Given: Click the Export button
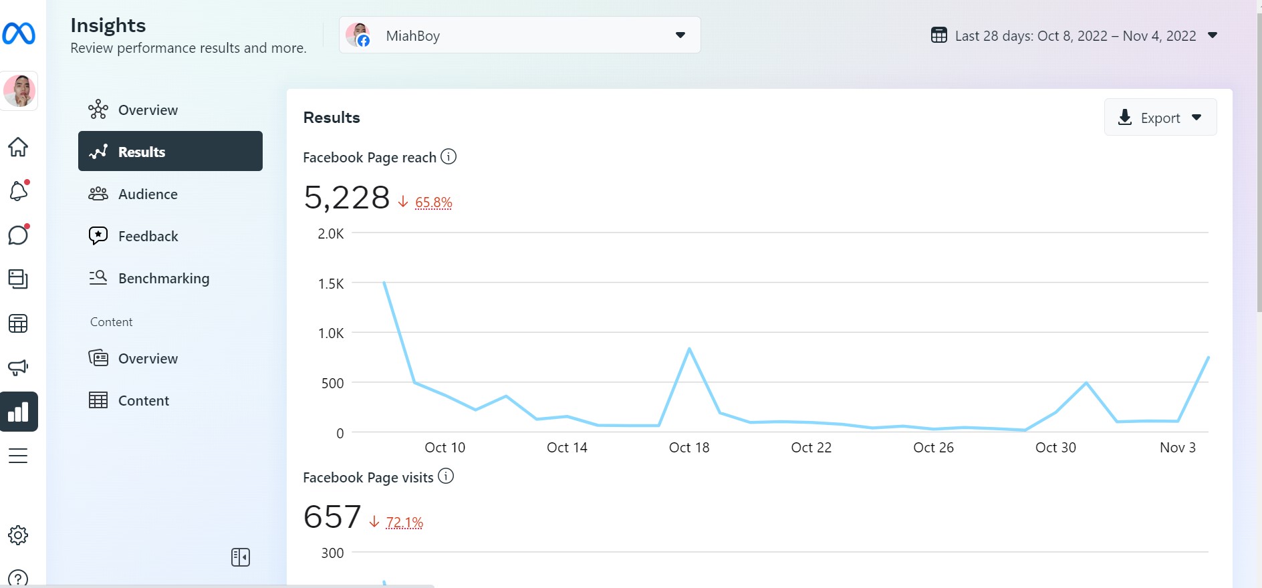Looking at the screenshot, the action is (1160, 118).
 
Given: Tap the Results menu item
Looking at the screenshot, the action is (170, 151).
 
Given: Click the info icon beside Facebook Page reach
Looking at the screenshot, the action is (449, 156).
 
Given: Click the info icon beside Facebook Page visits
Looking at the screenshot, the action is (446, 476).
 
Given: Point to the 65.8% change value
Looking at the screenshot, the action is (433, 202).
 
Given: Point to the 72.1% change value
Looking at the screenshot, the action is (404, 522).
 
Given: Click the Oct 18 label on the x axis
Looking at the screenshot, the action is (689, 448).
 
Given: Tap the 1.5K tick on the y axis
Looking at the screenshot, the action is (331, 283).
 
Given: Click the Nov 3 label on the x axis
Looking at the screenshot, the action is (1178, 448).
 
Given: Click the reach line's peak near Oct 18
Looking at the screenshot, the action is (689, 349).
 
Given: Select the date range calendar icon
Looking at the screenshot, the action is (939, 35).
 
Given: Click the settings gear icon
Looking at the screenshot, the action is (18, 535).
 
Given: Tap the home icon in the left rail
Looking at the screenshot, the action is (18, 147).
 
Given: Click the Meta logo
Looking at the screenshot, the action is (19, 33).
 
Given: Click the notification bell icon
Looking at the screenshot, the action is (19, 191).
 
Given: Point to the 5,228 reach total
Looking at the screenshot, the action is (347, 198).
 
